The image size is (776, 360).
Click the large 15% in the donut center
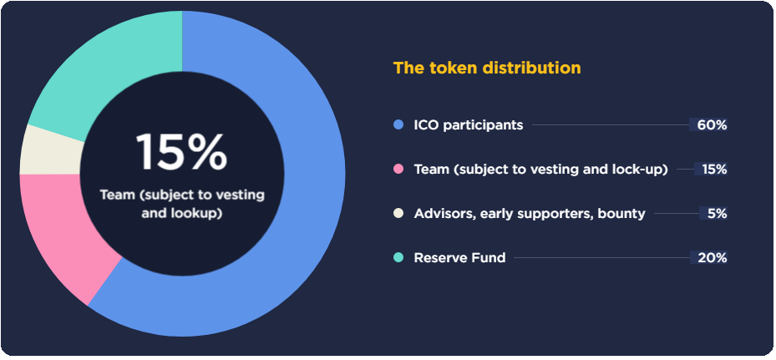[x=181, y=153]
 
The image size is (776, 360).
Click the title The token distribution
[x=487, y=68]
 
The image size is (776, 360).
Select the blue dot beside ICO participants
[x=398, y=124]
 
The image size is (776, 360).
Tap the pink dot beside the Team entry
[x=398, y=169]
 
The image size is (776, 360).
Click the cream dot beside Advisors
[x=398, y=214]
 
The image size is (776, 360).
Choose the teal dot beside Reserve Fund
[x=398, y=257]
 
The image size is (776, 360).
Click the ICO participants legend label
[x=468, y=125]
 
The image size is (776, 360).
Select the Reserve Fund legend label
[x=459, y=258]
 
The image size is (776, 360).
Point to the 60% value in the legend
[x=712, y=125]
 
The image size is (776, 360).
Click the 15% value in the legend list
[x=714, y=170]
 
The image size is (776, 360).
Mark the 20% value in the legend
[x=712, y=258]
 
